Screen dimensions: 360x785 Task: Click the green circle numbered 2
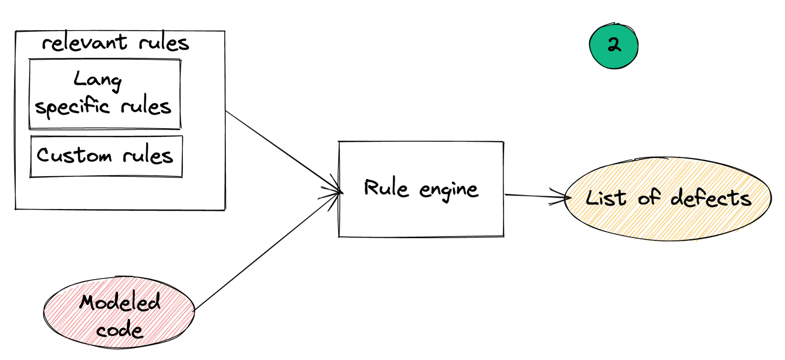(x=614, y=46)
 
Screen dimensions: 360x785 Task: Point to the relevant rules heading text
(x=115, y=43)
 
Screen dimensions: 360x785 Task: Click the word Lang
(x=98, y=81)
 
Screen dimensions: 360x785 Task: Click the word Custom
(x=74, y=156)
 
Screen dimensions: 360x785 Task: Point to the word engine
(x=449, y=190)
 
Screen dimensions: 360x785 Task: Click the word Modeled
(x=120, y=302)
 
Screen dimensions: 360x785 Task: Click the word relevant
(x=85, y=43)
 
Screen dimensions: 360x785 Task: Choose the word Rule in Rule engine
(x=381, y=188)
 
